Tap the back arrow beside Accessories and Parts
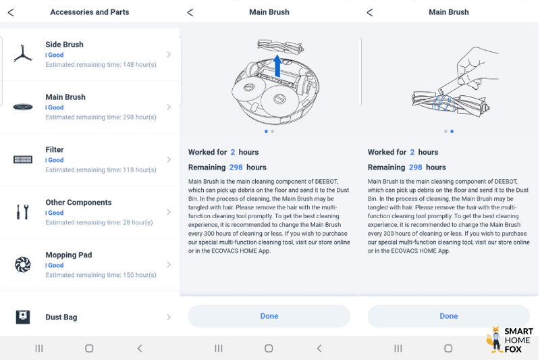(11, 12)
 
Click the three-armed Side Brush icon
(23, 55)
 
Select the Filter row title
(55, 150)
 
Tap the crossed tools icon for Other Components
(23, 212)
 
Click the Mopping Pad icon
(23, 265)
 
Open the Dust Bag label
(61, 317)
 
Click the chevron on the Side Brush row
(169, 55)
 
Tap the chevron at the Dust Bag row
(169, 317)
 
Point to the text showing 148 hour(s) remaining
(101, 65)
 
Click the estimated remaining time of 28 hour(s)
(99, 222)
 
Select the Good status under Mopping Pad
(55, 265)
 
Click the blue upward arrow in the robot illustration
(276, 67)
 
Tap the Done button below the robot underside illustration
(269, 316)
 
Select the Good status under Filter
(55, 160)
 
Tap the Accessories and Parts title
(90, 12)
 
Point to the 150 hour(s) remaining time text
(101, 275)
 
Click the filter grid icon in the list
(23, 159)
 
